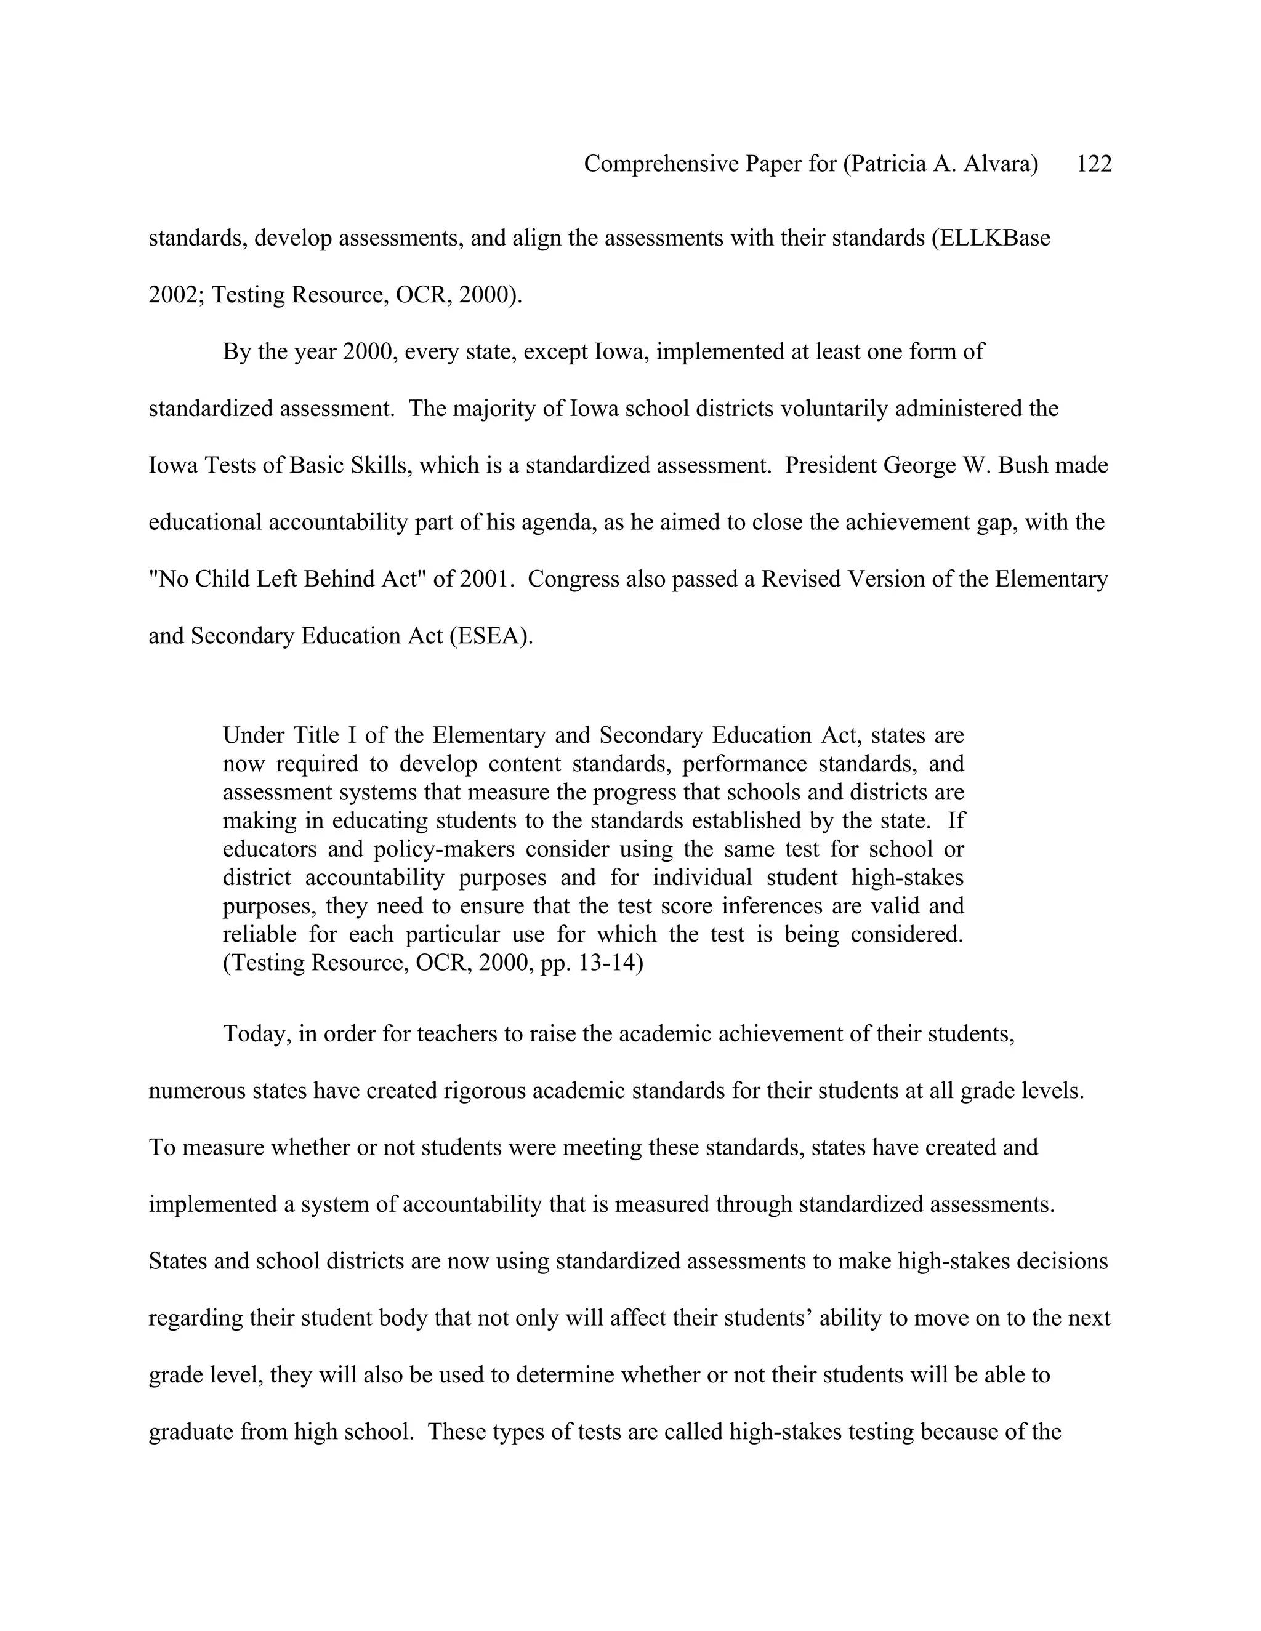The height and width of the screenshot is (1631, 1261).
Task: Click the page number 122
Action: pyautogui.click(x=1094, y=164)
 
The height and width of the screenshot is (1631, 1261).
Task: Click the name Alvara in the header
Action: pyautogui.click(x=1001, y=164)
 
